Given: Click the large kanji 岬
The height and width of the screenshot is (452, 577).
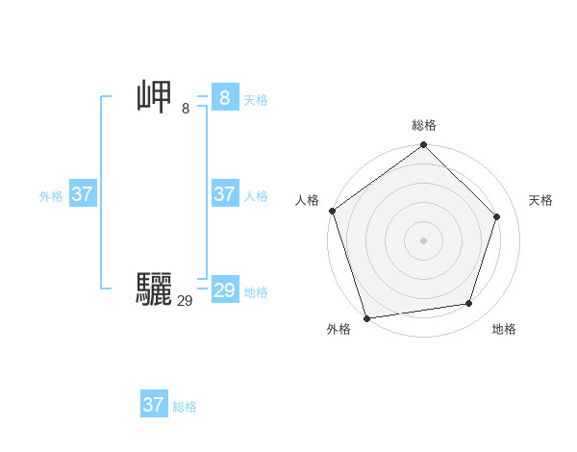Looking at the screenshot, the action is [x=155, y=98].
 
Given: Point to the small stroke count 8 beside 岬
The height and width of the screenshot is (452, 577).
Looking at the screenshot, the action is [x=186, y=109].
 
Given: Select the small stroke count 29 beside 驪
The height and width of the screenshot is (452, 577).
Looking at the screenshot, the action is [x=185, y=301].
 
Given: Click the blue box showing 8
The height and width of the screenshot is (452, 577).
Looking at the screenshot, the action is [x=224, y=98].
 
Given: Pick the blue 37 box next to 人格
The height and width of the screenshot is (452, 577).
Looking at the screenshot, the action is [x=224, y=194].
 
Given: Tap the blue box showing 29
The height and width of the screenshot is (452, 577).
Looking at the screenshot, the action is [x=224, y=290].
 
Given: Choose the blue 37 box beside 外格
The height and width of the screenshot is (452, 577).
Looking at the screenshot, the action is [x=82, y=194].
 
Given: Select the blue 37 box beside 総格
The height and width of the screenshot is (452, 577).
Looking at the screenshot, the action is [x=153, y=405].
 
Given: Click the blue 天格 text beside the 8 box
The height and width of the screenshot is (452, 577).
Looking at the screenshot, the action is [x=256, y=100].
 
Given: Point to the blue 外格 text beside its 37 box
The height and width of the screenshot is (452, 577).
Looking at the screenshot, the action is [x=51, y=196].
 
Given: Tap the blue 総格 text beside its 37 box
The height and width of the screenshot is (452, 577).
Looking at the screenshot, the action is [x=185, y=407].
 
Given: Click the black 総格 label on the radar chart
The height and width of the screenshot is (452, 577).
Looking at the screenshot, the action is [x=424, y=125].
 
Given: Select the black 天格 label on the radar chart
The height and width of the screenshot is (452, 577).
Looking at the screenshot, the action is [x=540, y=200].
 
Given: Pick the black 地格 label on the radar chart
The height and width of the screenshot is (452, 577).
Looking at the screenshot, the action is [x=504, y=329].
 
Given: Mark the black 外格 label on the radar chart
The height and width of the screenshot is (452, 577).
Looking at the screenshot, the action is [x=339, y=329].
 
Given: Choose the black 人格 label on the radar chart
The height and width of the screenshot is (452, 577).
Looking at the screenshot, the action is [x=307, y=200].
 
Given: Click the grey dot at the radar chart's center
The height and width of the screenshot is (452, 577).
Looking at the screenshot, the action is [x=423, y=240].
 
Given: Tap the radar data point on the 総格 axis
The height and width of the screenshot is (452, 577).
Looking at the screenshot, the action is [x=423, y=145].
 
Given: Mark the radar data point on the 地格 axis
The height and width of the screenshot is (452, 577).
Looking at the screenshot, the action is [x=469, y=304].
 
